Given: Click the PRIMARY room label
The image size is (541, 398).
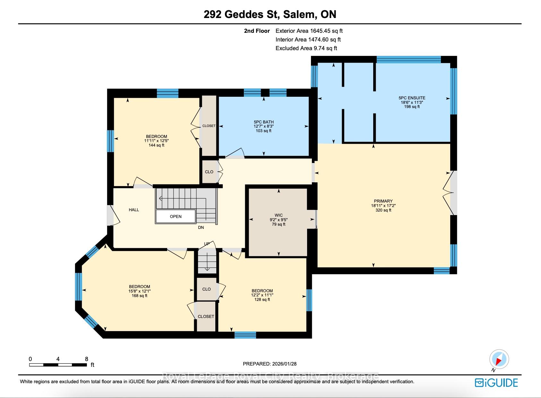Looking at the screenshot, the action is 383,201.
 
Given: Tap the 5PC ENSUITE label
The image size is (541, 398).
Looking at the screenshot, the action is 412,98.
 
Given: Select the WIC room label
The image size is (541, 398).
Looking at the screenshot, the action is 279,215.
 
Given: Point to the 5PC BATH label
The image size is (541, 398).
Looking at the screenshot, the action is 263,122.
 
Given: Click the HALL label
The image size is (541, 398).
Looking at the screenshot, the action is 134,210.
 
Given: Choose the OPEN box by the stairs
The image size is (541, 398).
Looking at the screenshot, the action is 176,216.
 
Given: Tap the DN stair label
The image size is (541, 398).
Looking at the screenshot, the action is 201,227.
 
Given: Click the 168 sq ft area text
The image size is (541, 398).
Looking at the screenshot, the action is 139,296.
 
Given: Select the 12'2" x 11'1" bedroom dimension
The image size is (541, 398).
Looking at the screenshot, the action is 262,295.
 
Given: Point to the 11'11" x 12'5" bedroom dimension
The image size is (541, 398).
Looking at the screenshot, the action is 156,140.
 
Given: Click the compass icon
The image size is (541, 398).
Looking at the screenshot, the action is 499,359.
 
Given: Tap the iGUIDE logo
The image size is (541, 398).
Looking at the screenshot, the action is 496,383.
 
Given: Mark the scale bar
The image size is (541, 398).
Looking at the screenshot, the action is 58,365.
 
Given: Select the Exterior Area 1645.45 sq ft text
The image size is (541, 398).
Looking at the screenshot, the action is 309,31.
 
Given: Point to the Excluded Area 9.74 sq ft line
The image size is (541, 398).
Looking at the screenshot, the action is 306,48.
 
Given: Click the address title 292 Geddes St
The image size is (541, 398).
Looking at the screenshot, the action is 242,14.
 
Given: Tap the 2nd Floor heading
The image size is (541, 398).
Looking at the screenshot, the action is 257,31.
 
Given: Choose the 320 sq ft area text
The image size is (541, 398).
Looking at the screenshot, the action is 383,210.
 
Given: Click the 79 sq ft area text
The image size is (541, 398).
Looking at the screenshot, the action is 279,224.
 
